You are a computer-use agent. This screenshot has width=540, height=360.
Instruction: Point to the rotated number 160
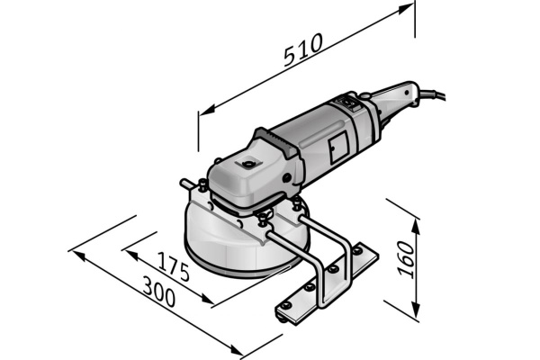pyautogui.click(x=406, y=261)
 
